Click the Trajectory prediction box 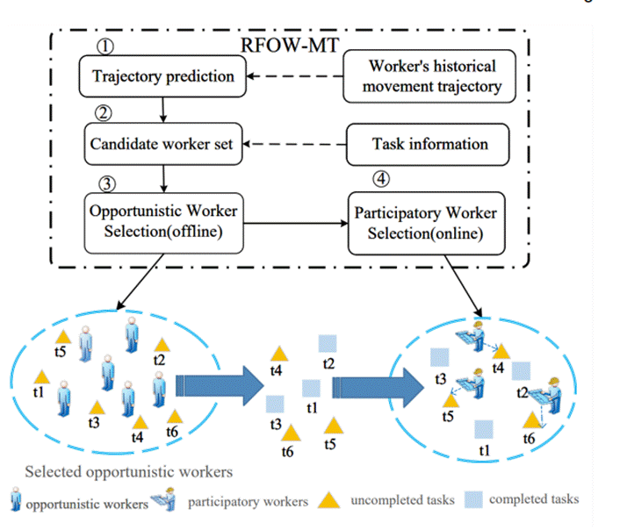coord(163,76)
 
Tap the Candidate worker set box coord(163,142)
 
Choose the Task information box coord(430,142)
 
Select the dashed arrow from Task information coord(299,142)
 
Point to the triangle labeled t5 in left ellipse coord(62,336)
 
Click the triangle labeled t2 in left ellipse coord(160,345)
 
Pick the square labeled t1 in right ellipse coord(482,429)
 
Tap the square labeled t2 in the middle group coord(328,344)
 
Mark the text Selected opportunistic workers coord(128,471)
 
